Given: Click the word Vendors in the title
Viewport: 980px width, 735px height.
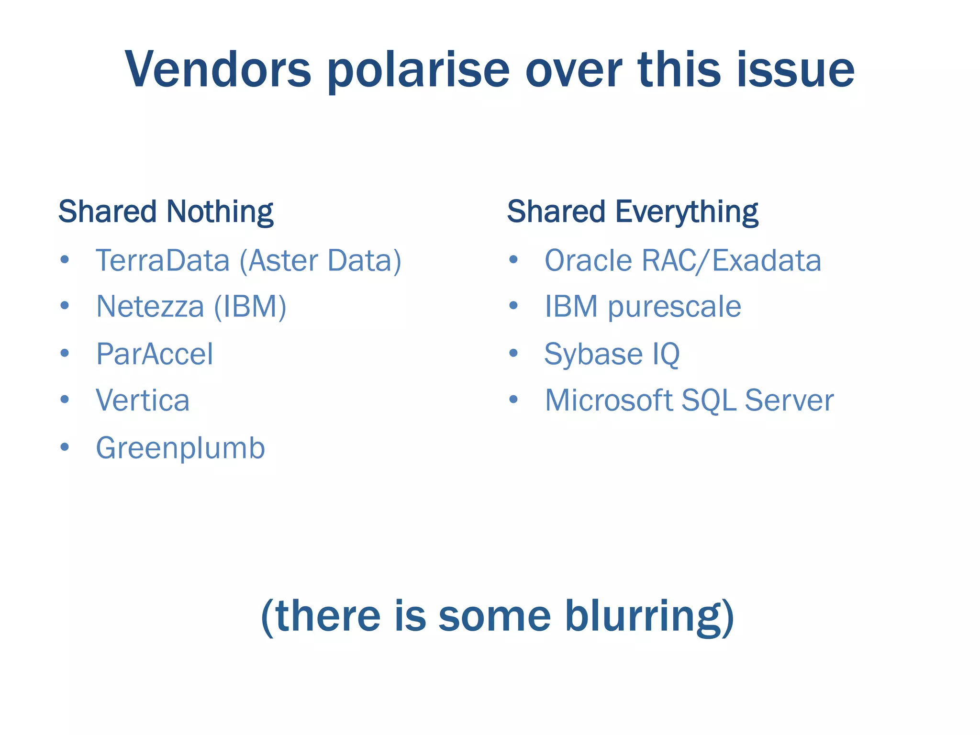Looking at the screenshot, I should click(218, 70).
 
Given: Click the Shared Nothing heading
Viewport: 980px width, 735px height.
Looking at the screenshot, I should click(166, 212).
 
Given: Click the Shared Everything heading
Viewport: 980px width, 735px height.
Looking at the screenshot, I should click(633, 212).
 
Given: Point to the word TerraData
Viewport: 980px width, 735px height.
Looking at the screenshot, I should click(163, 261).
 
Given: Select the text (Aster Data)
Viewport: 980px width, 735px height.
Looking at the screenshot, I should click(320, 261).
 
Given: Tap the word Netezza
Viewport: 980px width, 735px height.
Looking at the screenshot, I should click(150, 306).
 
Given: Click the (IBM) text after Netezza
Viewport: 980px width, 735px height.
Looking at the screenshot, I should click(250, 306).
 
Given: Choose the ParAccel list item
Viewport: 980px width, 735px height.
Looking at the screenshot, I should click(155, 354).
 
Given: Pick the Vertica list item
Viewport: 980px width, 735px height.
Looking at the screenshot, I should click(143, 400).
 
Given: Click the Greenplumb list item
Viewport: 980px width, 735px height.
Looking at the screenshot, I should click(180, 448).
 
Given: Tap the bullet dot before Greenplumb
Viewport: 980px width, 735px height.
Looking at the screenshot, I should click(65, 447).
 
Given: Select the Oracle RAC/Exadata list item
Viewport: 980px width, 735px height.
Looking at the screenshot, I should click(683, 261).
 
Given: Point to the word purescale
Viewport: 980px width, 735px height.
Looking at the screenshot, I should click(674, 307).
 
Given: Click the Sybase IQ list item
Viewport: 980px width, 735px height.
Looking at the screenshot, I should click(612, 355).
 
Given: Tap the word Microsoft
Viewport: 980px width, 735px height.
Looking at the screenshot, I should click(609, 400).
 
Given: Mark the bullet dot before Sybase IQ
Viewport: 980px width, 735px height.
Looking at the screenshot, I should click(513, 353).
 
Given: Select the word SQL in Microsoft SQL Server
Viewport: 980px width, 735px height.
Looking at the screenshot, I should click(709, 400).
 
